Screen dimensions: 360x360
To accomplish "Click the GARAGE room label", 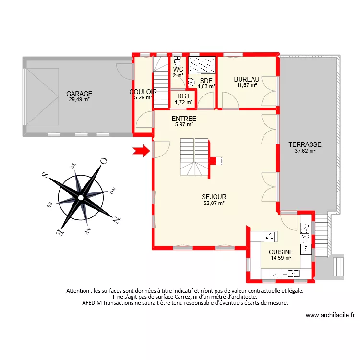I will [79, 94].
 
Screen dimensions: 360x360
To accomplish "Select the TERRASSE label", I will [305, 144].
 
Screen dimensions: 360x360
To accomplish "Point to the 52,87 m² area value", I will [214, 203].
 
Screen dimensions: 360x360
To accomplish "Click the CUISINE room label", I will [281, 252].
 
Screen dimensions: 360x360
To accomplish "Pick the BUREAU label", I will [247, 79].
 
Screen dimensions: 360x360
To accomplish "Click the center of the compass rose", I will [81, 197].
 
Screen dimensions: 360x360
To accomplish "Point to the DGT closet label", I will [183, 96].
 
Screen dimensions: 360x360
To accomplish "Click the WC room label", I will [178, 69].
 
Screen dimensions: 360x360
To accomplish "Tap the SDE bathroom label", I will [206, 80].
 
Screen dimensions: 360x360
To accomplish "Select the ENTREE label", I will [183, 119].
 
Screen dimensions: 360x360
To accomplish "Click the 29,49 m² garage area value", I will [79, 100].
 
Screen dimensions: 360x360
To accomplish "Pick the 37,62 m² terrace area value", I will [305, 151].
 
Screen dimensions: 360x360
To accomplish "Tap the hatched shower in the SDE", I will [202, 64].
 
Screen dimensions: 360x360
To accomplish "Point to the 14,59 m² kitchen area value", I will [281, 258].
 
